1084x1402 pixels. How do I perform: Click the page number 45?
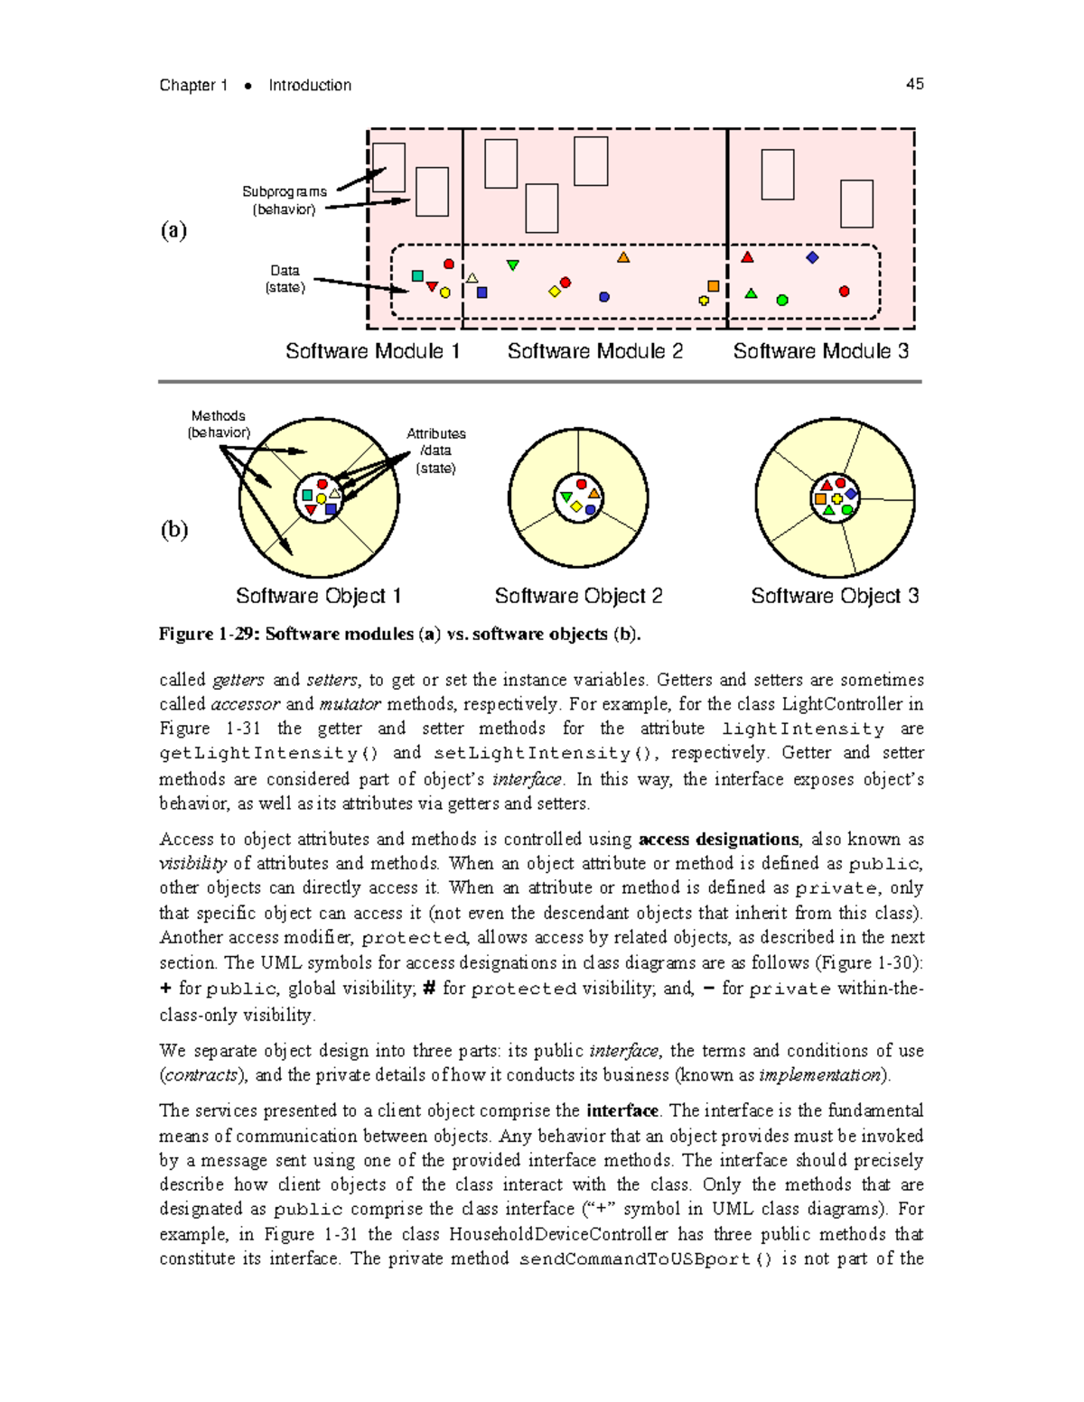[x=914, y=84]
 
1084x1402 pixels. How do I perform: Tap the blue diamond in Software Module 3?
[x=812, y=257]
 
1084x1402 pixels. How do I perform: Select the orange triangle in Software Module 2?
[x=623, y=258]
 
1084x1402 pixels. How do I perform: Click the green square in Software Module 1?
[x=417, y=276]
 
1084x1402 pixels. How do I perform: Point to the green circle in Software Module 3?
[x=782, y=300]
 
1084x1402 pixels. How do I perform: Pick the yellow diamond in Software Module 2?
[x=555, y=292]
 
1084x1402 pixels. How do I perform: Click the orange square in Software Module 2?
[x=714, y=286]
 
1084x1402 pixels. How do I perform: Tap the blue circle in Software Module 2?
[x=604, y=297]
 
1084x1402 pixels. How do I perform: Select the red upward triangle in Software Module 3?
[x=747, y=258]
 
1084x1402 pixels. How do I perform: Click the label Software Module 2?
[x=594, y=351]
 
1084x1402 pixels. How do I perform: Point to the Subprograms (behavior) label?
[x=285, y=200]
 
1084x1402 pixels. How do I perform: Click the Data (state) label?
[x=285, y=279]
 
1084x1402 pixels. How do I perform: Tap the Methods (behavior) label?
[x=219, y=424]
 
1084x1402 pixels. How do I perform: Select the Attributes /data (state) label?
[x=435, y=450]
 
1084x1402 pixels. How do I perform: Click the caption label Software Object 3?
[x=835, y=596]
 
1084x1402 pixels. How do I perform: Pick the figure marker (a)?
[x=173, y=230]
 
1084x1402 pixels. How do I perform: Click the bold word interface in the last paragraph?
[x=621, y=1110]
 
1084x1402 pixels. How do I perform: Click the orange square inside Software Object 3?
[x=820, y=498]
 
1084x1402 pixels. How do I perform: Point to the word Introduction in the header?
[x=310, y=85]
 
